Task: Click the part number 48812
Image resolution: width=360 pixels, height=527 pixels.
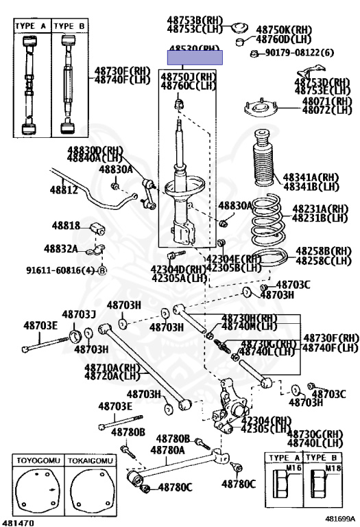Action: point(63,189)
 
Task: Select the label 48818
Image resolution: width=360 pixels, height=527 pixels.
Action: point(67,225)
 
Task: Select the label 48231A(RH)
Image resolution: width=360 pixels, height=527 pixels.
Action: point(320,209)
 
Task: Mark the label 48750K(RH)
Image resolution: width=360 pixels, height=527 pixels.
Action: point(284,30)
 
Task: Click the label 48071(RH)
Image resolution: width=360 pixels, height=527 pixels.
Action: point(318,101)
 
